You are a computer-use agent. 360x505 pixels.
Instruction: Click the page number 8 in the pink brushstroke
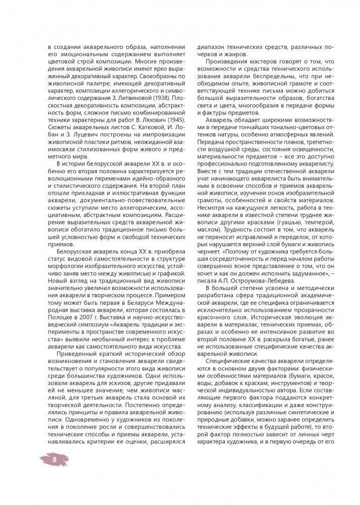pos(55,460)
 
